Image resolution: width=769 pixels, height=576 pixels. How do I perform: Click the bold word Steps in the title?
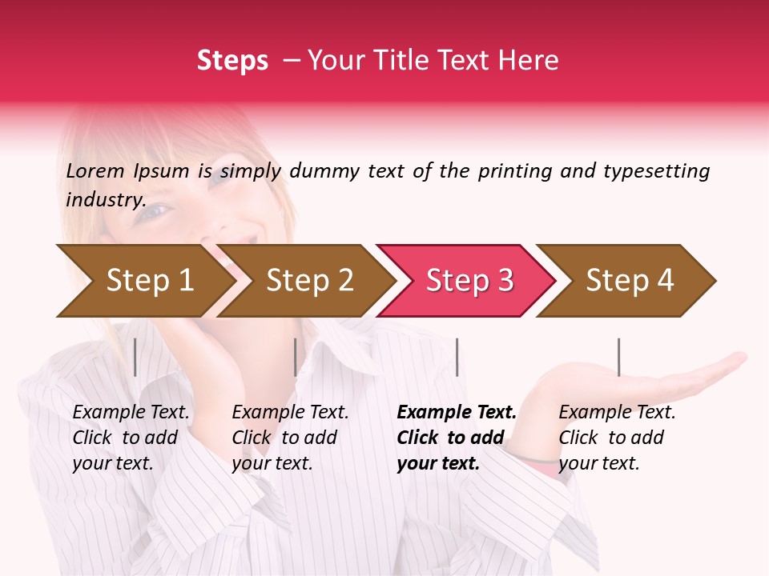(x=232, y=60)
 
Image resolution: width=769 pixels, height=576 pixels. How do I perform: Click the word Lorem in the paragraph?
(x=95, y=170)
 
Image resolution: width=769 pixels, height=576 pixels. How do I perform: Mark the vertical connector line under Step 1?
(x=135, y=357)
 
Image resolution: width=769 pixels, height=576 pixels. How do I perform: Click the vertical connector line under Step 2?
(x=296, y=357)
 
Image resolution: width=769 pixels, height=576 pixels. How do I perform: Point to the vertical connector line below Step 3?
(x=457, y=357)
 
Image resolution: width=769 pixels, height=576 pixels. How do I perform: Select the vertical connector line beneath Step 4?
(x=618, y=357)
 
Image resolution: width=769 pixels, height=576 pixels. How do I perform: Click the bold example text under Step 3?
(x=455, y=438)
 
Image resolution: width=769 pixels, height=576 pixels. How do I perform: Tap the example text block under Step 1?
(x=131, y=438)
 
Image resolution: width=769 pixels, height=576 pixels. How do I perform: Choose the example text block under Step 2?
(x=290, y=438)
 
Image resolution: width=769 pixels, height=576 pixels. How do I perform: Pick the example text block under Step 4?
(x=616, y=438)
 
